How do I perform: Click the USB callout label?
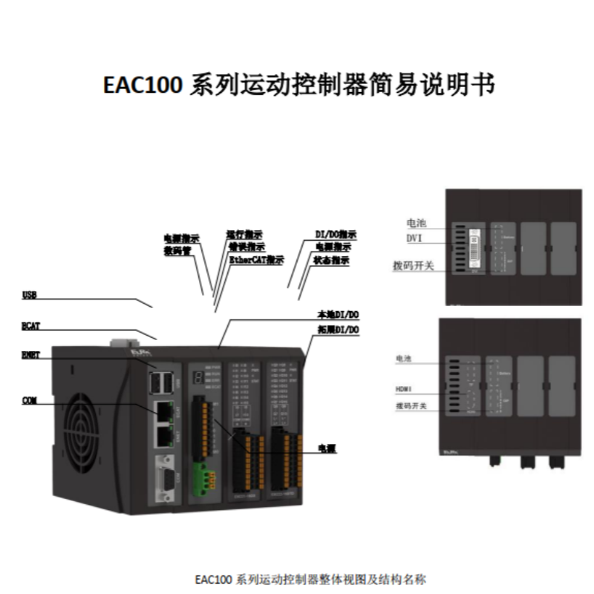pyautogui.click(x=30, y=296)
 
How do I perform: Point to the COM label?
pyautogui.click(x=30, y=401)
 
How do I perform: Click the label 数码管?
pyautogui.click(x=178, y=249)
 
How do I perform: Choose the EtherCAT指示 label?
pyautogui.click(x=256, y=260)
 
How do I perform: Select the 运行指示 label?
pyautogui.click(x=244, y=233)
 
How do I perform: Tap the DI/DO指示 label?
pyautogui.click(x=336, y=234)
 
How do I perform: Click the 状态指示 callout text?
pyautogui.click(x=332, y=261)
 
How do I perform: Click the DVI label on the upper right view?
pyautogui.click(x=415, y=238)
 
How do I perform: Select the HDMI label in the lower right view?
pyautogui.click(x=406, y=388)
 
